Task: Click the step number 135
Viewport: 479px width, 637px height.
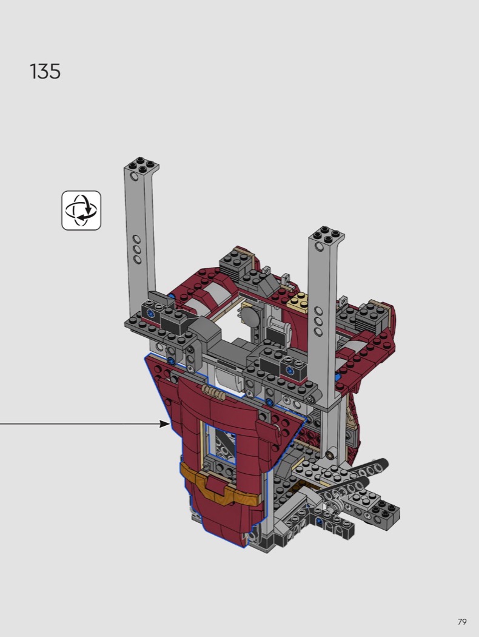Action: [x=45, y=72]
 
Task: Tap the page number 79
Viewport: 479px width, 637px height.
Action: [x=462, y=622]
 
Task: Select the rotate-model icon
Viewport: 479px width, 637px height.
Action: [x=81, y=211]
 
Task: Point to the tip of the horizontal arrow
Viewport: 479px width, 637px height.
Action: [x=170, y=424]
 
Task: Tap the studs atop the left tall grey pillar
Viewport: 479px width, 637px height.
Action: [x=142, y=164]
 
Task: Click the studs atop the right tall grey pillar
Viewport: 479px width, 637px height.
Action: [x=326, y=234]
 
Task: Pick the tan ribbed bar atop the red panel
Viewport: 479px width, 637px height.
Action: [x=213, y=392]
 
